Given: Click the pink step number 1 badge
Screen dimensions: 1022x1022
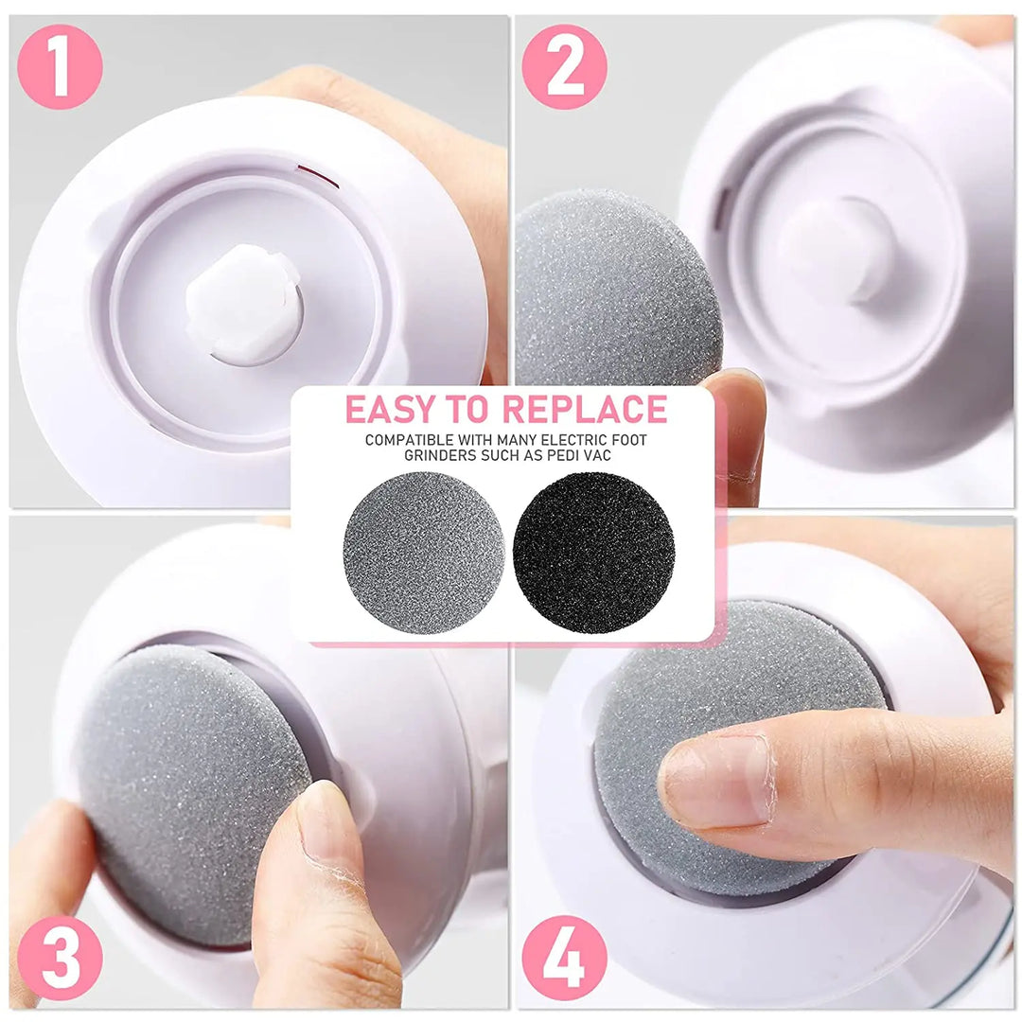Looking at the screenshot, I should (x=60, y=66).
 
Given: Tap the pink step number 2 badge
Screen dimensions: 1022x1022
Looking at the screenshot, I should (x=564, y=66).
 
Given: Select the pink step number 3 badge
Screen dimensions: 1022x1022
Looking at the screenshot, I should (x=60, y=958).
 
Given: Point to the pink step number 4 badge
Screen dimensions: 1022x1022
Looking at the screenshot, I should (x=564, y=958).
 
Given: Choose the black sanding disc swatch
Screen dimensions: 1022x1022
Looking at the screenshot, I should (x=593, y=548).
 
